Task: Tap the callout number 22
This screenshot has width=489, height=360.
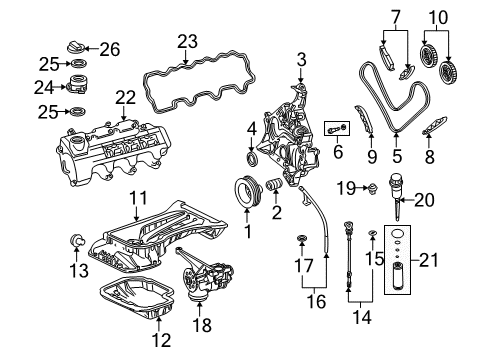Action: point(123,97)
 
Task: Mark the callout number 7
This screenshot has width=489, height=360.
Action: point(394,19)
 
